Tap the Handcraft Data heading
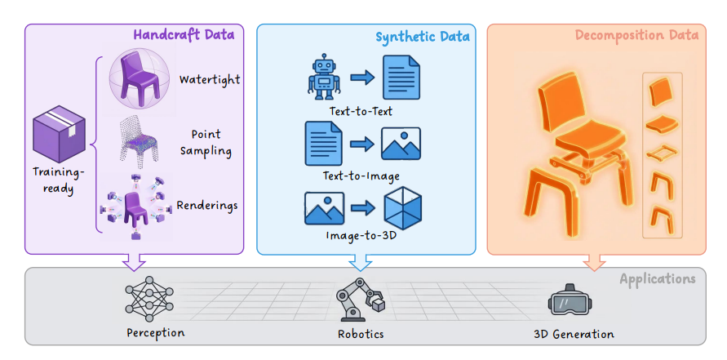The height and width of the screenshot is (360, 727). click(x=184, y=35)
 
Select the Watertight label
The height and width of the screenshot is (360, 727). click(x=210, y=79)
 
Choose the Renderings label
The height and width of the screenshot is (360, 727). click(x=207, y=205)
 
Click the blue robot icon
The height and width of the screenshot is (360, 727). click(x=324, y=76)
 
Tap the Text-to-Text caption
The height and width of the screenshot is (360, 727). click(x=361, y=112)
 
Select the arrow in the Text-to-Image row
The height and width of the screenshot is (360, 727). click(x=362, y=144)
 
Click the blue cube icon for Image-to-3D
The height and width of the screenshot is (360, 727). click(x=402, y=208)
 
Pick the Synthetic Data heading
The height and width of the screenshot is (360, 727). click(x=423, y=37)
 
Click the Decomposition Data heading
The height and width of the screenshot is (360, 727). click(x=636, y=35)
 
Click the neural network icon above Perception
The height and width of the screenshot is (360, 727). click(x=149, y=300)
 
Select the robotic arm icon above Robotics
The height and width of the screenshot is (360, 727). click(x=361, y=300)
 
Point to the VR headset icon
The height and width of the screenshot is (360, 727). click(x=570, y=302)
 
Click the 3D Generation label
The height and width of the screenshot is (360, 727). click(x=574, y=334)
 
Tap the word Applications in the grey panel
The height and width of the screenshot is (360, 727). click(x=658, y=279)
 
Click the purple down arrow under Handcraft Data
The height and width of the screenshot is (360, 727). click(x=133, y=262)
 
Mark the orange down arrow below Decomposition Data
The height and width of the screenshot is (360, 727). click(x=594, y=262)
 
